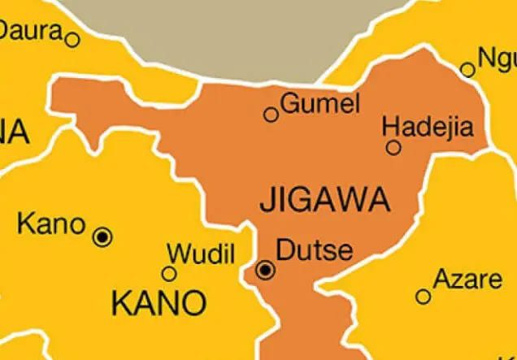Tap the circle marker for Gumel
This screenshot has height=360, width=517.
(271, 115)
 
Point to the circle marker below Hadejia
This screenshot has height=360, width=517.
(393, 147)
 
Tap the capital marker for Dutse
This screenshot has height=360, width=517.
(266, 271)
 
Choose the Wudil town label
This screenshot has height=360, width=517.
(200, 253)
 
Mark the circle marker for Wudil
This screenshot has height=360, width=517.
(169, 274)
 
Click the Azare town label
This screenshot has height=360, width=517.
(467, 280)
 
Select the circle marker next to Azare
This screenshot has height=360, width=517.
(423, 297)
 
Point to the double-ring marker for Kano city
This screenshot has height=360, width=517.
(102, 237)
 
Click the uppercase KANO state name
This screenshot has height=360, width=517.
(159, 304)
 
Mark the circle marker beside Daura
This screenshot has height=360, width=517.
(72, 38)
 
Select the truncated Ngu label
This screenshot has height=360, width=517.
(497, 59)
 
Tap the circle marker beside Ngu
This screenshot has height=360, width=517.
(467, 70)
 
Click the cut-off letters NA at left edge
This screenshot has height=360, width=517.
(14, 131)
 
